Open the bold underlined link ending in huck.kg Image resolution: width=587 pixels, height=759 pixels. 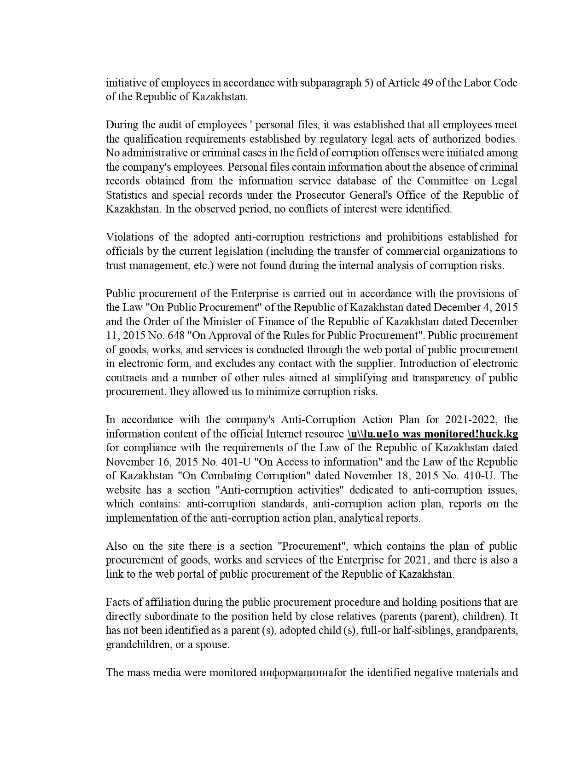coord(433,434)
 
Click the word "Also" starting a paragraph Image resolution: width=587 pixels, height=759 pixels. coord(116,546)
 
